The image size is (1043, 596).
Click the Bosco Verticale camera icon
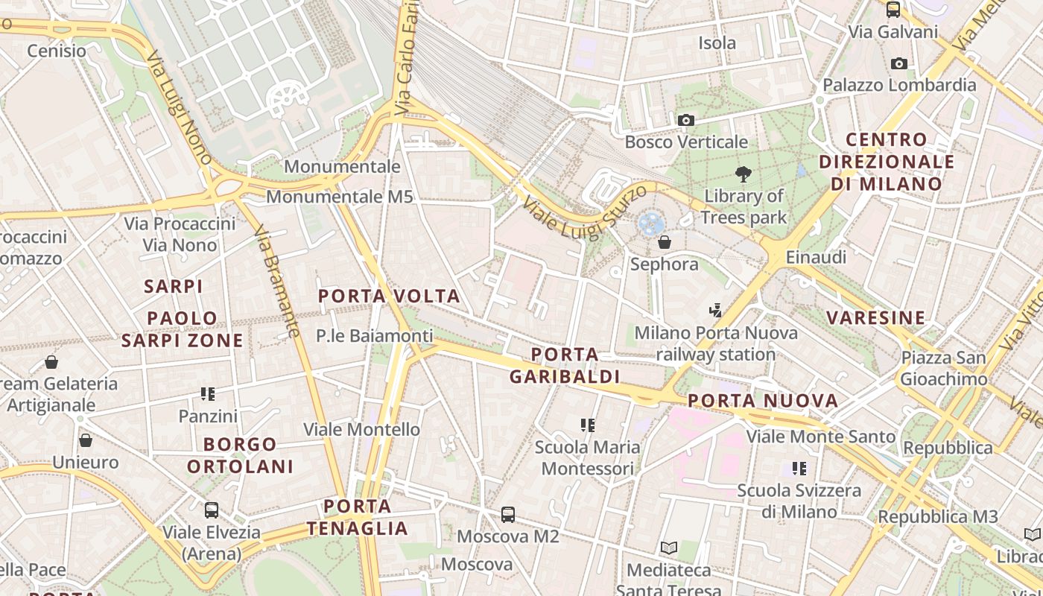point(685,120)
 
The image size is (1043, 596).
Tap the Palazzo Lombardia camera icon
point(899,64)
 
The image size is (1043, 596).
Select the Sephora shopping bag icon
point(664,242)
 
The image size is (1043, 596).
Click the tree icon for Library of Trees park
point(743,175)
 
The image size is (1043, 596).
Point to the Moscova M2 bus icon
point(507,514)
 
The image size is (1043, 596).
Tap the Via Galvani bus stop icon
point(893,10)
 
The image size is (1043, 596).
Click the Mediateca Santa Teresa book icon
point(669,548)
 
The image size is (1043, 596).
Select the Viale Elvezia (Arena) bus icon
point(212,510)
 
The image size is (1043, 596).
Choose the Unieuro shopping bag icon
point(86,440)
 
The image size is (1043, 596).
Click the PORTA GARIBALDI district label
point(565,365)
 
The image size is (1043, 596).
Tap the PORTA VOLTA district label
point(389,297)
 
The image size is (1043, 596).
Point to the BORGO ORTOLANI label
point(240,455)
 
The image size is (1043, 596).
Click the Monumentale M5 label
point(339,197)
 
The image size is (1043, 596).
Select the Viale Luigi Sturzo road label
point(584,212)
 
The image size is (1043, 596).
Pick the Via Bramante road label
point(277,282)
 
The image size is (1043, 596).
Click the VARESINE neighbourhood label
point(875,318)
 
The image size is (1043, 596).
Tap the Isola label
point(717,43)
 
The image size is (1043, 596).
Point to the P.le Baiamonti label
point(374,336)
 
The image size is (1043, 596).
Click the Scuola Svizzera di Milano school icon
point(799,469)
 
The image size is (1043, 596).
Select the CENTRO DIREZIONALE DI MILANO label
point(887,161)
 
